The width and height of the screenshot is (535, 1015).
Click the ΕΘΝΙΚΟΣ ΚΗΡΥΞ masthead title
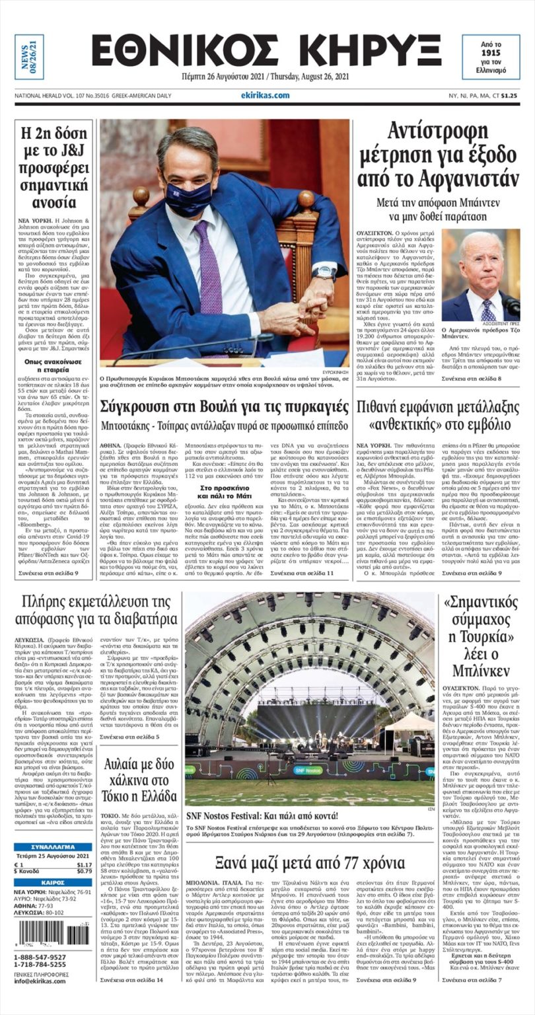click(x=266, y=50)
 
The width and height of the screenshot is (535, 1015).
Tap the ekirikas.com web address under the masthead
click(x=266, y=95)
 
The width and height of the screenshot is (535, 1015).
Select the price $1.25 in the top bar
click(x=509, y=95)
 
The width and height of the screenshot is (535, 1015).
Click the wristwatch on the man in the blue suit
click(x=325, y=272)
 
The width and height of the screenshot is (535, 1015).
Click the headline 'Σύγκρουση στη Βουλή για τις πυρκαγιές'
click(x=225, y=404)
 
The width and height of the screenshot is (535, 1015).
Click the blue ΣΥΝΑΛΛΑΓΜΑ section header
click(x=53, y=846)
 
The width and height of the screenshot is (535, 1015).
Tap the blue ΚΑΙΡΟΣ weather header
click(x=53, y=882)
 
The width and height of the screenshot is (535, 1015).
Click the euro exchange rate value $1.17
click(x=84, y=864)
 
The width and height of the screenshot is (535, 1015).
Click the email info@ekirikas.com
click(x=40, y=981)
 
